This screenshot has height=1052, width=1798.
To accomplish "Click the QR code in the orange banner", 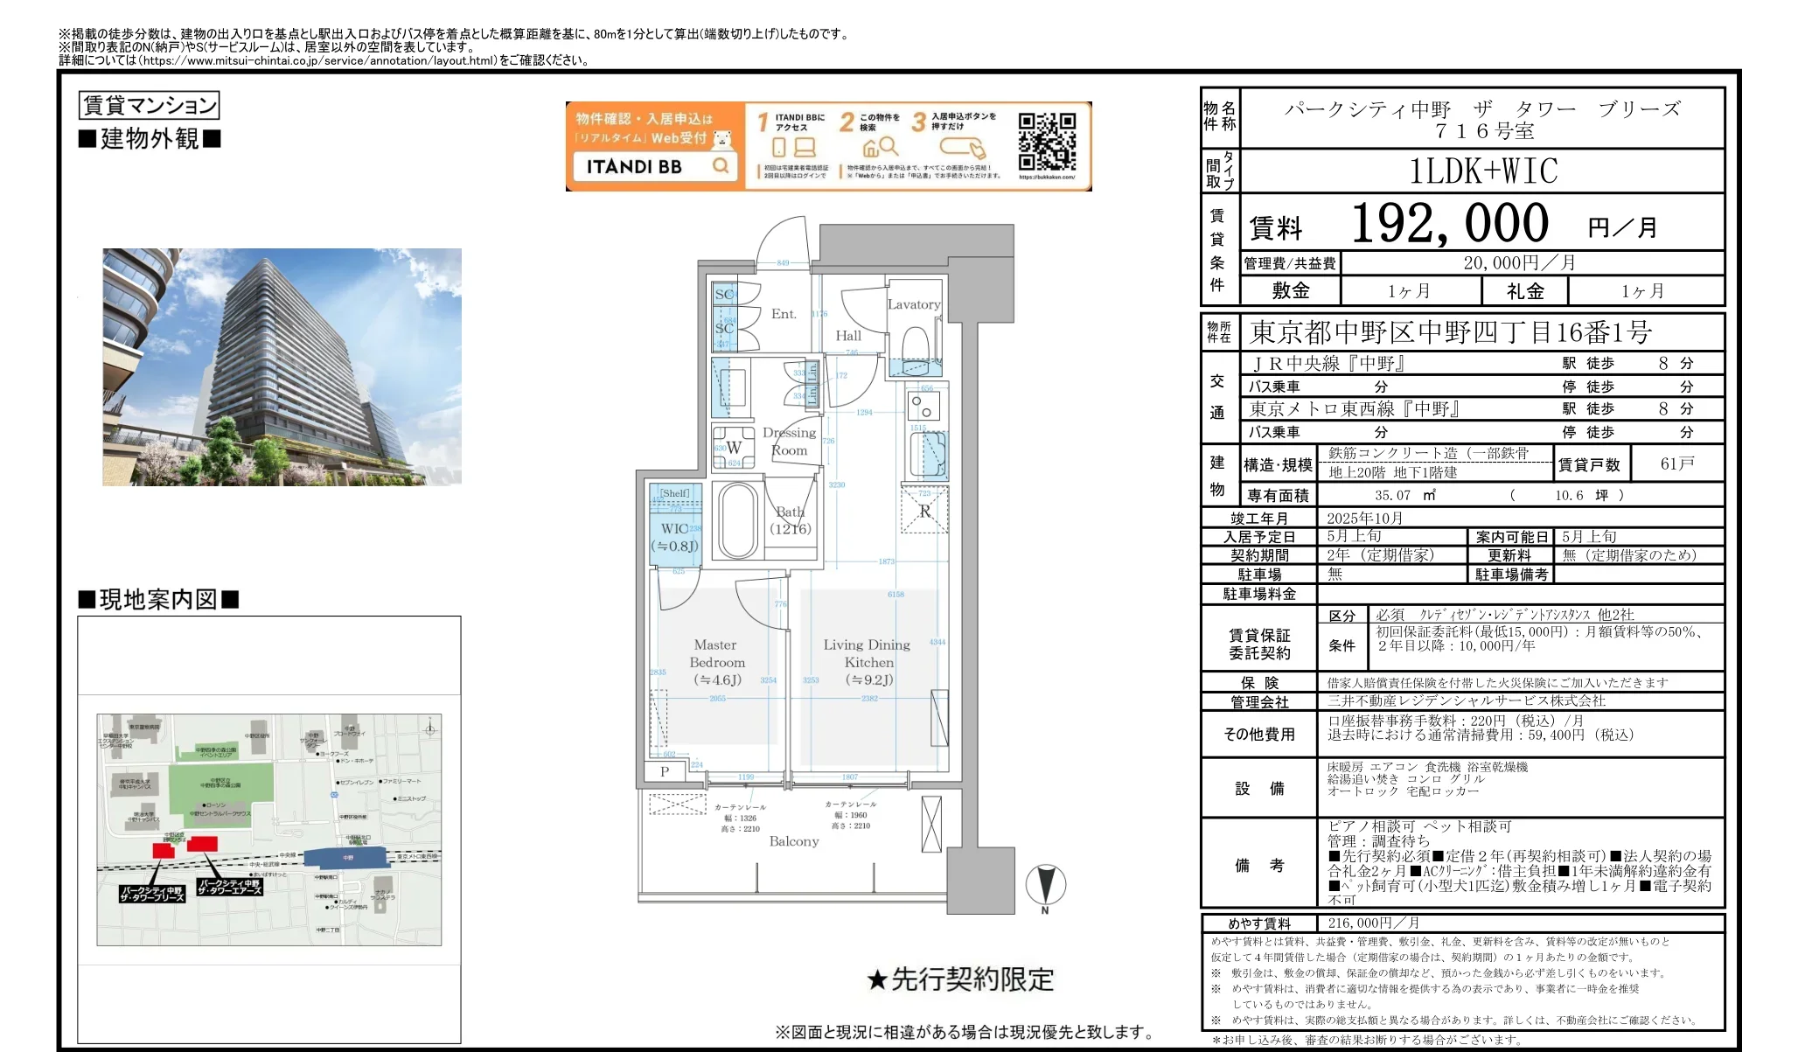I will coord(1046,143).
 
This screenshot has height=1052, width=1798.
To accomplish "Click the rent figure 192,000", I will coord(1449,224).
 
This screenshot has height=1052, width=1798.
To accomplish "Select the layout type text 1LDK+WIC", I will coord(1483,171).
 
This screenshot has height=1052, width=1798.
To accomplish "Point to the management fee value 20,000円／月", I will coord(1519,263).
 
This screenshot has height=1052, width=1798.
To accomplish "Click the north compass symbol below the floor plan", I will coord(1045,885).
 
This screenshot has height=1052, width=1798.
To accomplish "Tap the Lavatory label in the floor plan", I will coord(913,304).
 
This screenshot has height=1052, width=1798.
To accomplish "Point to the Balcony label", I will coord(794,841).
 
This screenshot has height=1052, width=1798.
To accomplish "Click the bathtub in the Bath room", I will coord(738,520).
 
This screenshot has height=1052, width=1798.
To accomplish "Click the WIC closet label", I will coord(674,537).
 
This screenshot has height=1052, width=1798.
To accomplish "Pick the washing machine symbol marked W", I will coord(733,448).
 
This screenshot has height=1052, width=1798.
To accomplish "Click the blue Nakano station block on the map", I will coord(347,858).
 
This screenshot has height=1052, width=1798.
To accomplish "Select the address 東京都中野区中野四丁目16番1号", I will coord(1450,333).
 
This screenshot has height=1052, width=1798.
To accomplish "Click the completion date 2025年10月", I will coord(1364,519).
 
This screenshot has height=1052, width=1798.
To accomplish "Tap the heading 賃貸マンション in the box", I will coord(149,106).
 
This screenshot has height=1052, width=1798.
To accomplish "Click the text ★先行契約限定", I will coord(960,979).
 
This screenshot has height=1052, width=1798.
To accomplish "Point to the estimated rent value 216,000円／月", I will coord(1373,923).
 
